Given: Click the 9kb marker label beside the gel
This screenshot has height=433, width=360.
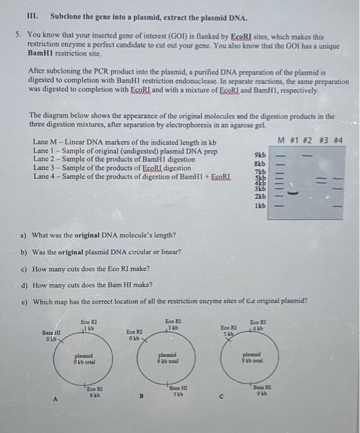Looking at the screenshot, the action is coord(260,155).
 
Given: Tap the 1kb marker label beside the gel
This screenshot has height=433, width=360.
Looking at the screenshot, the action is coord(260,205).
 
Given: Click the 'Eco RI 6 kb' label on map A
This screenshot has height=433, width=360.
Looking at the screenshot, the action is coord(95,391).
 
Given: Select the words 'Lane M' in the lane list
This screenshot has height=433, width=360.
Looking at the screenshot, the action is coord(43,142).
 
